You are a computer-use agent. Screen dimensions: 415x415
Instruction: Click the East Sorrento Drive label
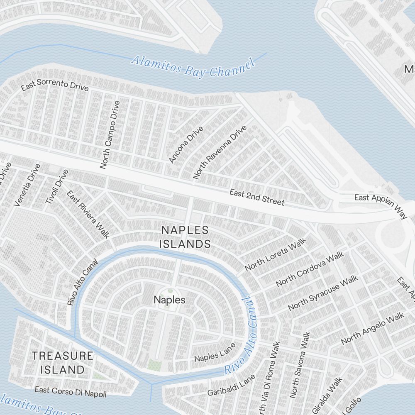click(x=55, y=86)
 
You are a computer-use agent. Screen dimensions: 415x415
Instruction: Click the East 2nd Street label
click(x=257, y=197)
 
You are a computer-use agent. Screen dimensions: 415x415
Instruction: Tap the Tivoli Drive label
click(x=56, y=186)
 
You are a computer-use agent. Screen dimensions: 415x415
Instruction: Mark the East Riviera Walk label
click(x=88, y=215)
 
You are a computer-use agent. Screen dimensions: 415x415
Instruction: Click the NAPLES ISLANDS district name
click(x=185, y=237)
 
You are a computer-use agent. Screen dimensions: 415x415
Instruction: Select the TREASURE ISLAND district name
click(x=63, y=362)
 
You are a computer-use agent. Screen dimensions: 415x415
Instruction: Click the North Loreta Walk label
click(x=275, y=254)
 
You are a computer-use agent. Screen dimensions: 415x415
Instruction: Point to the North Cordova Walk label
click(x=310, y=269)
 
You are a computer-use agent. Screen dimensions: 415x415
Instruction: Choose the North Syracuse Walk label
click(x=323, y=293)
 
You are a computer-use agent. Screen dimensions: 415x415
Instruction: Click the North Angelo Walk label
click(x=372, y=328)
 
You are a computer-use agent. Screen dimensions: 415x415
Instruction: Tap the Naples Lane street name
click(x=215, y=352)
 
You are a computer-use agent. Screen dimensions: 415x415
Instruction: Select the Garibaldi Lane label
click(x=231, y=385)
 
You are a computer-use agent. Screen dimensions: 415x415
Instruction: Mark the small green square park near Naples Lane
click(x=154, y=366)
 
